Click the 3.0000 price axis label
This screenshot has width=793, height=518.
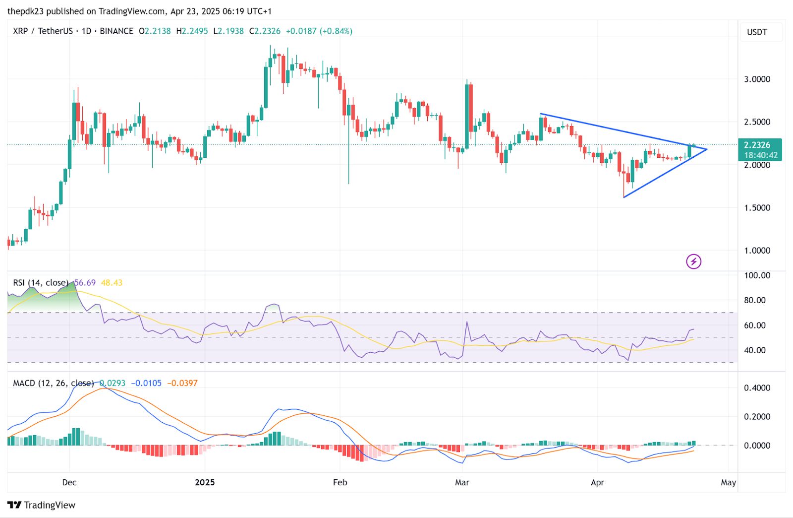click(x=757, y=79)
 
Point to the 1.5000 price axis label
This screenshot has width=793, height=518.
click(x=757, y=207)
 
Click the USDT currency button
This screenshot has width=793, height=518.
click(x=757, y=32)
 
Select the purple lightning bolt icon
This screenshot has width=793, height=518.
click(x=693, y=261)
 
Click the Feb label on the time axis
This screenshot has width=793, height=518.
click(x=340, y=482)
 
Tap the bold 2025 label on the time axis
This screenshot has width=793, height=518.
click(x=205, y=482)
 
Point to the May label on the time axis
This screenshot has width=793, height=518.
click(x=728, y=482)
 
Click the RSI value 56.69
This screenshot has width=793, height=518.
click(x=85, y=283)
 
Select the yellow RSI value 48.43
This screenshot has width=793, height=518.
click(x=112, y=283)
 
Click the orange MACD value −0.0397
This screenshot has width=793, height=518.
click(x=182, y=383)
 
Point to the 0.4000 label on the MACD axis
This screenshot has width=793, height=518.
click(x=757, y=388)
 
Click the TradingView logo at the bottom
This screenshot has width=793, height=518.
click(x=42, y=505)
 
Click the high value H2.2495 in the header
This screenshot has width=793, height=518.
click(x=192, y=31)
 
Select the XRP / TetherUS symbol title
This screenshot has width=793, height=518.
click(x=43, y=31)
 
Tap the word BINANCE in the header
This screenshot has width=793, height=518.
click(x=116, y=31)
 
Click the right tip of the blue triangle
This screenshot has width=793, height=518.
click(x=706, y=149)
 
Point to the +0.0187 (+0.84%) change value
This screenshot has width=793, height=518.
click(x=319, y=31)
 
